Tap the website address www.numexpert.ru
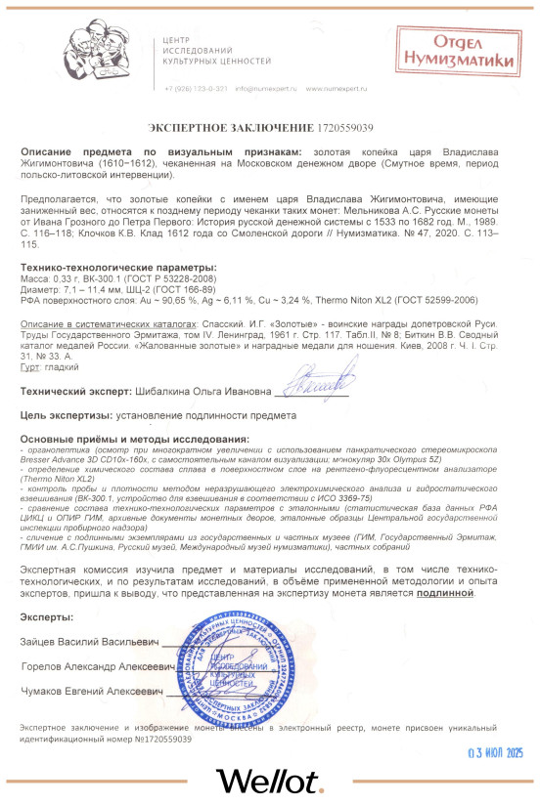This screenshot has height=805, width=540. [335, 89]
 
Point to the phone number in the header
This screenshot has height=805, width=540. [196, 89]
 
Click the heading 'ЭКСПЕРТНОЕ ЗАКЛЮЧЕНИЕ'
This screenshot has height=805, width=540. [232, 128]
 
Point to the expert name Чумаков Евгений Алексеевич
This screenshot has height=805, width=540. [94, 692]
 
